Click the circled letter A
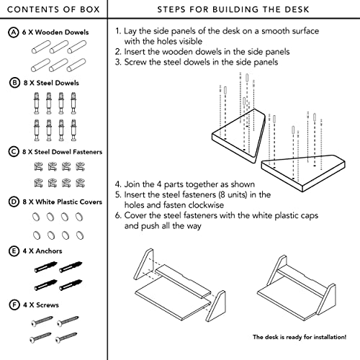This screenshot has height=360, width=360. point(14,32)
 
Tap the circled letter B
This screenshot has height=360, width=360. point(14,83)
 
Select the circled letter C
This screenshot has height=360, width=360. point(14,152)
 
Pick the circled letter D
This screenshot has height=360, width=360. point(14,202)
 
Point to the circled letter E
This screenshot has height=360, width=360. point(14,251)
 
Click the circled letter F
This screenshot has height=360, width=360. point(14,305)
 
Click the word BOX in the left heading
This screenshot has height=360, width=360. point(90,9)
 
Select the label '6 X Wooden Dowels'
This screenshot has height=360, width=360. point(55,32)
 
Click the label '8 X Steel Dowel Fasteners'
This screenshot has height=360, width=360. point(62,152)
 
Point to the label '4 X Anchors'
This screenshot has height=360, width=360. point(42,251)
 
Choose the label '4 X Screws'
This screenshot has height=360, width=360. point(41,305)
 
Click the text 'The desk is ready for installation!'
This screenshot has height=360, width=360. point(300,337)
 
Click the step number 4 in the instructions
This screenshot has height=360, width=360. point(117,184)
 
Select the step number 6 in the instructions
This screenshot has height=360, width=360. point(117,215)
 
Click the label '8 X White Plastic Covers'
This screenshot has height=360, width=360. point(63,202)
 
